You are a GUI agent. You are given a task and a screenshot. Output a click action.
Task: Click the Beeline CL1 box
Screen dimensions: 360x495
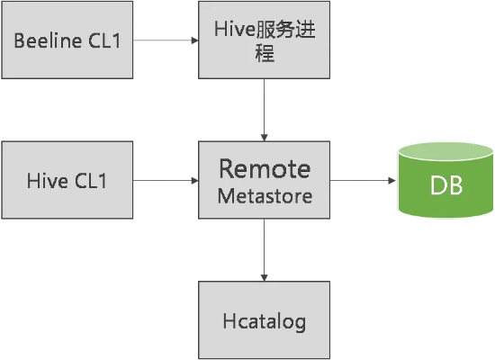pos(68,40)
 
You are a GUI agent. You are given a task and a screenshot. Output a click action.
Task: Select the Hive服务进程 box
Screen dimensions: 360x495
pos(264,40)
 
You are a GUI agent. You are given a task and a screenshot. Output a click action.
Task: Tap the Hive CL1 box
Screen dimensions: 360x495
pos(68,180)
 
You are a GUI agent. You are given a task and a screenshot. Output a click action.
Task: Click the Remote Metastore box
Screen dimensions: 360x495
pos(264,180)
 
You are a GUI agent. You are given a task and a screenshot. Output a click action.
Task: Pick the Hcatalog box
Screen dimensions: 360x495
pos(264,319)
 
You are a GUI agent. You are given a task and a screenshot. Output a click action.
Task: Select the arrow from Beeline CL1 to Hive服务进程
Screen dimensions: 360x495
pos(166,40)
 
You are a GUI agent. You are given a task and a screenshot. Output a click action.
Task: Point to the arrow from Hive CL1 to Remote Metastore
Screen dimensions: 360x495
pos(166,180)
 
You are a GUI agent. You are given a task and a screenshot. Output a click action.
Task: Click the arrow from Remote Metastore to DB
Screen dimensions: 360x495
pos(364,180)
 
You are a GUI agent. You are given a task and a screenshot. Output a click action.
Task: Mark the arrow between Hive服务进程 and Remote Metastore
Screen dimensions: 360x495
pos(264,109)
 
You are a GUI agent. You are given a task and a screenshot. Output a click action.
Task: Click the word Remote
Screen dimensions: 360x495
pos(265,169)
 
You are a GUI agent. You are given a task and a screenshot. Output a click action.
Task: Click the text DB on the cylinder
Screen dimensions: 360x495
pos(445,186)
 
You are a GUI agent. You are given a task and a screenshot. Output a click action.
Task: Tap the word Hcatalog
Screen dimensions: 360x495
pos(264,320)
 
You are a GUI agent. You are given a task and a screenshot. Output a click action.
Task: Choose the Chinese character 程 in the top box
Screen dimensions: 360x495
pos(264,54)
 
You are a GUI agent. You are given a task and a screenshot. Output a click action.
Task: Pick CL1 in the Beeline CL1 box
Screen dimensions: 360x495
pos(103,40)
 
